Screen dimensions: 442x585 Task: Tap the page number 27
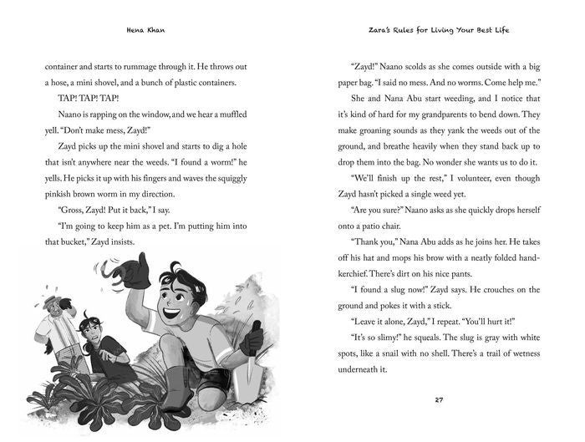tap(439, 399)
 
